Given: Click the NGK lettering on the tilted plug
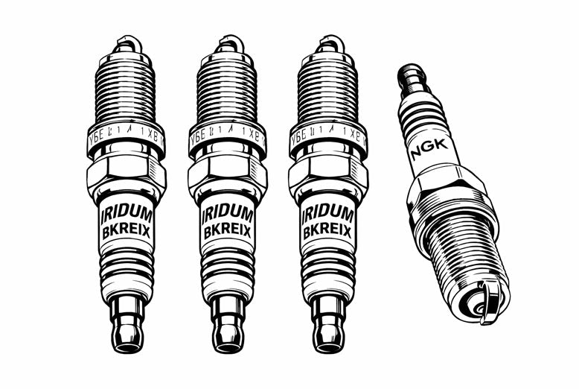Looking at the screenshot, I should (429, 150).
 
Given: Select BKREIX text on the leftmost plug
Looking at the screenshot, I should (126, 233).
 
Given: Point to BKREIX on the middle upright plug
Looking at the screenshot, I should (227, 233).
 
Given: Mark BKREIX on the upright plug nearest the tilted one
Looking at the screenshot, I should (327, 233).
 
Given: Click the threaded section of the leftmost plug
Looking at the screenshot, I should (126, 90).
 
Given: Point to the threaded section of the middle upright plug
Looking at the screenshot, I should (227, 90).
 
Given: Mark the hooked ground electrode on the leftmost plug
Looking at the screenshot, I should (127, 44).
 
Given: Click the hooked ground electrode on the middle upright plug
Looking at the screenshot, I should (228, 44).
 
